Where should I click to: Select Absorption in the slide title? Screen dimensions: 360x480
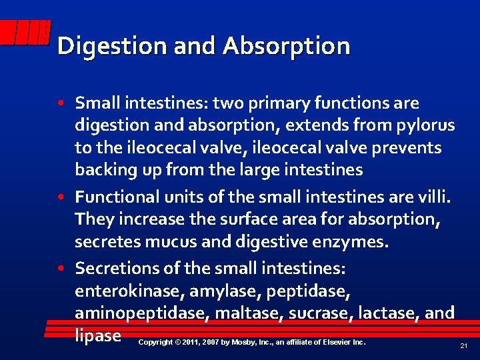287,47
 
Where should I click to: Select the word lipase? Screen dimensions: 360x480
98,335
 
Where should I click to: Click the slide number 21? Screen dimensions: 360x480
463,346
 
